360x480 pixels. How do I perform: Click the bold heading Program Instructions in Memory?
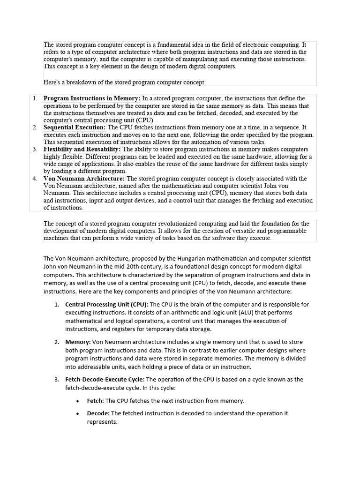click(x=92, y=98)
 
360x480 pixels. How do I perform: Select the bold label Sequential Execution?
click(x=75, y=127)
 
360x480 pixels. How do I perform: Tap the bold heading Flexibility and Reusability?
click(x=82, y=149)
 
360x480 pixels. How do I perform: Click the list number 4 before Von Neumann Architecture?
click(x=35, y=179)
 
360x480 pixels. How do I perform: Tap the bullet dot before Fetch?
click(x=77, y=401)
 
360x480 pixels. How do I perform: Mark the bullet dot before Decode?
click(x=77, y=413)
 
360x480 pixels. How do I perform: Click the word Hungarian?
click(x=225, y=258)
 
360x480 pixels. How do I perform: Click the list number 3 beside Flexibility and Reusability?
click(x=35, y=149)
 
